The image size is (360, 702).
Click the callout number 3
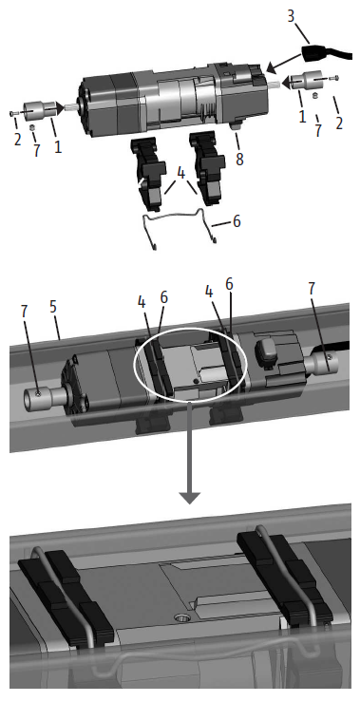(x=291, y=16)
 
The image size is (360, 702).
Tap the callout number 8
(x=239, y=159)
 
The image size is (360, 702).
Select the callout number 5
(x=54, y=308)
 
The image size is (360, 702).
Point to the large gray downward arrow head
(x=190, y=497)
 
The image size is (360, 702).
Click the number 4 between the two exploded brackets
(x=180, y=174)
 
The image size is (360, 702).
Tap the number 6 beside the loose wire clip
(x=236, y=220)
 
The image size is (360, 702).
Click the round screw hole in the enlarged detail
(x=180, y=619)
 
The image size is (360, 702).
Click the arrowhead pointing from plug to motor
(x=272, y=68)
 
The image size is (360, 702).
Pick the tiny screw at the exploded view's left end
(x=12, y=114)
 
